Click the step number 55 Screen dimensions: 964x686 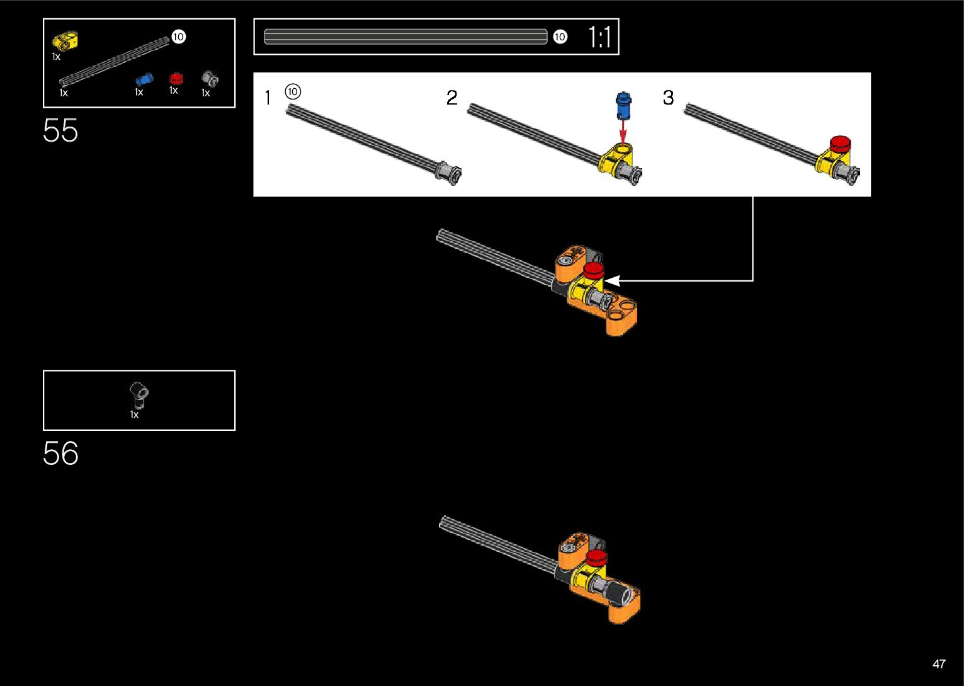click(x=60, y=131)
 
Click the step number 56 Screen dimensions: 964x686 click(x=60, y=454)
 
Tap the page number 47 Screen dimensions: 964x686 click(x=939, y=664)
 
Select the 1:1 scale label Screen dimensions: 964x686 click(x=599, y=37)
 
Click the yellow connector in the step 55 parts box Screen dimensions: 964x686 click(x=65, y=41)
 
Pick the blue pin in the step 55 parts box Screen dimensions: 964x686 click(x=145, y=79)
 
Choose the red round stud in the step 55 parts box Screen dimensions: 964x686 click(x=176, y=78)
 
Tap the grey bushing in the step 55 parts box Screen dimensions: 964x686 click(x=210, y=79)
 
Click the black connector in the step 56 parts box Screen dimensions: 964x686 click(x=139, y=394)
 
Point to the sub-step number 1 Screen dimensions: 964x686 click(x=268, y=98)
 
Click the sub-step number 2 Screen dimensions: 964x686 click(x=451, y=98)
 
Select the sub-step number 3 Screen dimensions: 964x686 click(x=668, y=98)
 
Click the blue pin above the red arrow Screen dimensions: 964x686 click(x=623, y=105)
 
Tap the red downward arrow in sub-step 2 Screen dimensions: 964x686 click(x=623, y=132)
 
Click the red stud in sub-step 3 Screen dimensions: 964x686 click(x=840, y=144)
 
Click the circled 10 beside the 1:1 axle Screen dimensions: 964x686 click(x=560, y=37)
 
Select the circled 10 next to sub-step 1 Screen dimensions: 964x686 click(x=293, y=91)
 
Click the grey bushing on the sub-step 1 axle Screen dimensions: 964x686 click(x=450, y=173)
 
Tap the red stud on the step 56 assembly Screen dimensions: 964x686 click(x=596, y=557)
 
